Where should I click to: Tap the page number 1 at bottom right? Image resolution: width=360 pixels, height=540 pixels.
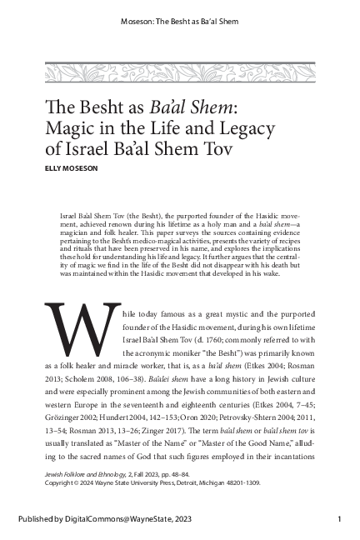point(340,521)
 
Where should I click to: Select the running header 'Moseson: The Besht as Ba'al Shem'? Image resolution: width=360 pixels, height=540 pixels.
point(179,21)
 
